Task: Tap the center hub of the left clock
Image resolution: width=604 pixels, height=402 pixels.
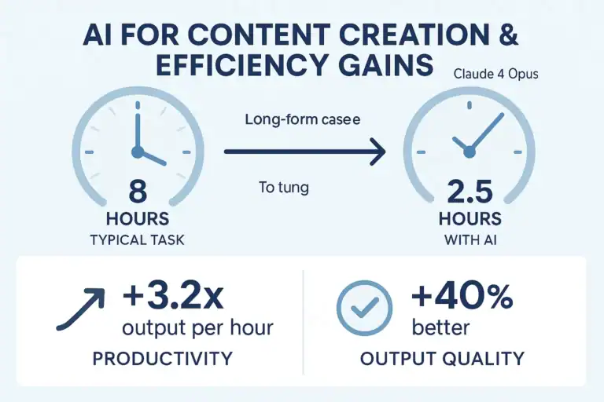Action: click(x=138, y=151)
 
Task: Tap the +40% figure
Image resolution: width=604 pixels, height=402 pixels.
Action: click(x=462, y=298)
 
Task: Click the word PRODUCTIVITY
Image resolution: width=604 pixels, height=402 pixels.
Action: click(x=162, y=359)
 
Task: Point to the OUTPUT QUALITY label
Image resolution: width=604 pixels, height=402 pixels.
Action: click(x=441, y=359)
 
